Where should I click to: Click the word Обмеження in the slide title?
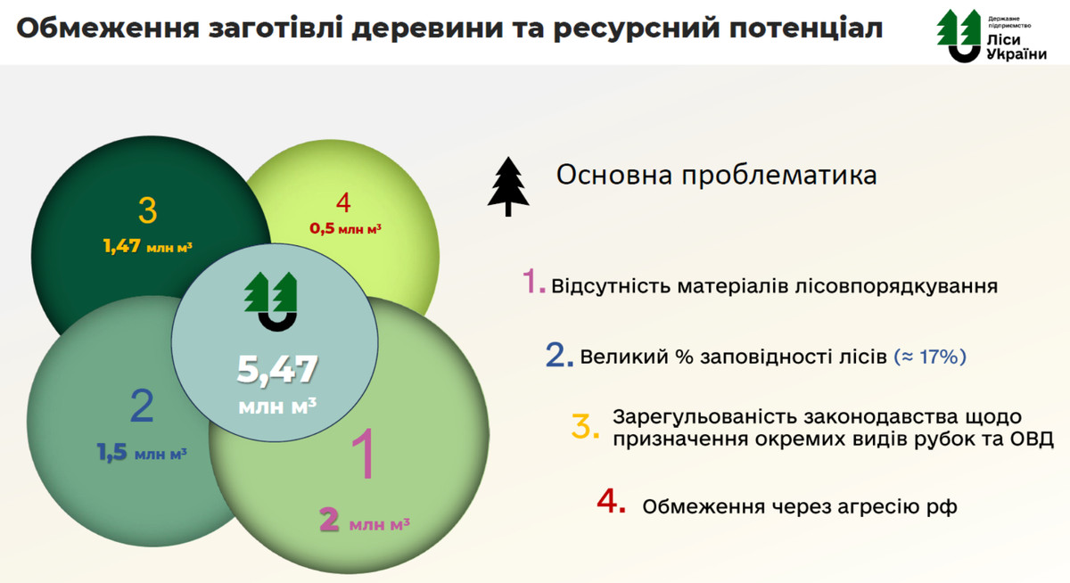pyautogui.click(x=108, y=28)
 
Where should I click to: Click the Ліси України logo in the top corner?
pyautogui.click(x=992, y=36)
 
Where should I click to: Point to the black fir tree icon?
pyautogui.click(x=508, y=186)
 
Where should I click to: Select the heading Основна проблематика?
pyautogui.click(x=717, y=176)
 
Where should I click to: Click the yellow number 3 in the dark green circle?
pyautogui.click(x=148, y=210)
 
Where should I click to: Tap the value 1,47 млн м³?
pyautogui.click(x=148, y=246)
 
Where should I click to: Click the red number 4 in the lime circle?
pyautogui.click(x=343, y=202)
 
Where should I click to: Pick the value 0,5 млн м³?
pyautogui.click(x=345, y=228)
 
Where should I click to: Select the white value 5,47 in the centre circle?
pyautogui.click(x=277, y=369)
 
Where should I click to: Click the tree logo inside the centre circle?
pyautogui.click(x=271, y=301)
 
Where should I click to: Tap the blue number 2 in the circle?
pyautogui.click(x=142, y=406)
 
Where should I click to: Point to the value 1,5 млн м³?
pyautogui.click(x=142, y=452)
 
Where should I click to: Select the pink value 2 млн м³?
pyautogui.click(x=365, y=521)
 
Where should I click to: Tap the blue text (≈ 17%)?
pyautogui.click(x=930, y=357)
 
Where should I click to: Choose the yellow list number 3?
pyautogui.click(x=585, y=426)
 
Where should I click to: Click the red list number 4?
pyautogui.click(x=611, y=501)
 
